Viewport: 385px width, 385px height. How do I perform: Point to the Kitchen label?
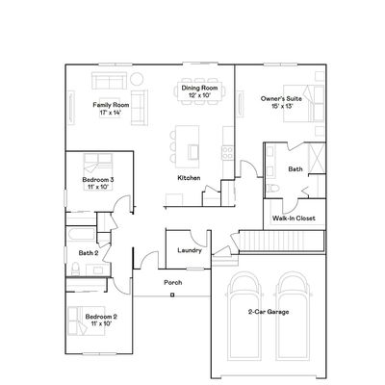point(189,178)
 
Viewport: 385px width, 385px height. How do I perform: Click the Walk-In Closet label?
point(294,218)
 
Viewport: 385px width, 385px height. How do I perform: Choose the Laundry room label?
point(190,250)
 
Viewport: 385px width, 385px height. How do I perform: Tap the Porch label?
point(173,283)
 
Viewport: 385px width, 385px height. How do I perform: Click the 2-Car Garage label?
point(269,312)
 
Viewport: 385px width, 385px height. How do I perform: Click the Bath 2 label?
point(89,253)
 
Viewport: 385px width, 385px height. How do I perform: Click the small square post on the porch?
point(172,295)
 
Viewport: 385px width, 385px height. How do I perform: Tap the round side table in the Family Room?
point(137,79)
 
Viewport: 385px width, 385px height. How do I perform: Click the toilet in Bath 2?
point(75,269)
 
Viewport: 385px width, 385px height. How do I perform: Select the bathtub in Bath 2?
point(82,235)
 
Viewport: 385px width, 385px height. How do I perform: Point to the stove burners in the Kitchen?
point(227,152)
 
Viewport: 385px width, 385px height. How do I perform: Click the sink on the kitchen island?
point(193,152)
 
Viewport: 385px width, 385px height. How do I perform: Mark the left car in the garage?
point(244,316)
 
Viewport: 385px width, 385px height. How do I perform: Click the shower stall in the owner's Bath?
point(317,158)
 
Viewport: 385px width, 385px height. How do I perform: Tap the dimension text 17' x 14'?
point(111,113)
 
